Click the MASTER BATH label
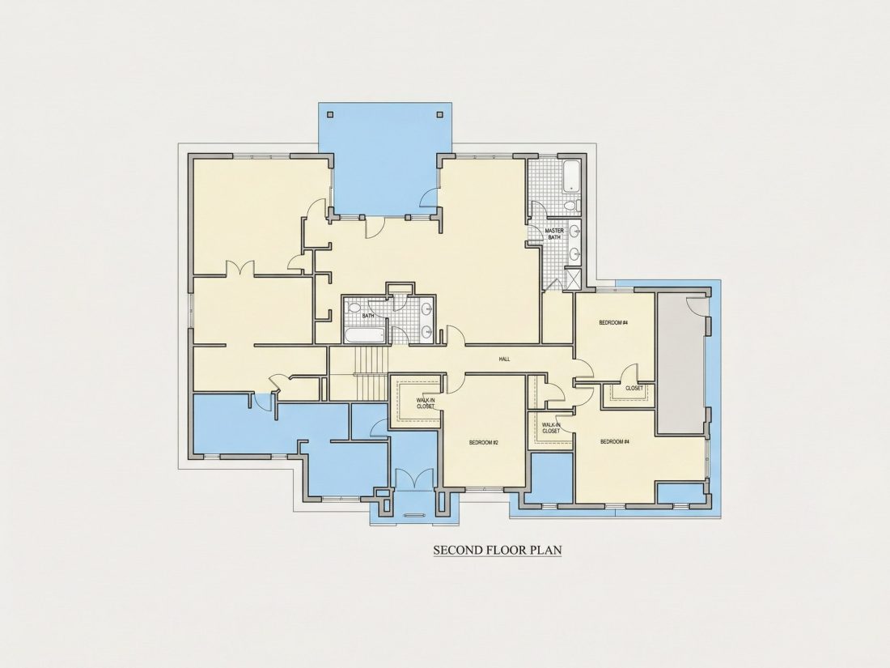[554, 233]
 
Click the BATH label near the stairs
[368, 315]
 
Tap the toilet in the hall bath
[354, 308]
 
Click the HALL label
[504, 359]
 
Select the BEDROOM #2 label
[484, 442]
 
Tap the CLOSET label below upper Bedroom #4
[634, 389]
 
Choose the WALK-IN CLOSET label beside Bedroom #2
[425, 403]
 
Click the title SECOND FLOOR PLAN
[498, 550]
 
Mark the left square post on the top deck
[330, 113]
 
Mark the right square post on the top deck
[439, 113]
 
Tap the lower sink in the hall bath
[426, 330]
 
